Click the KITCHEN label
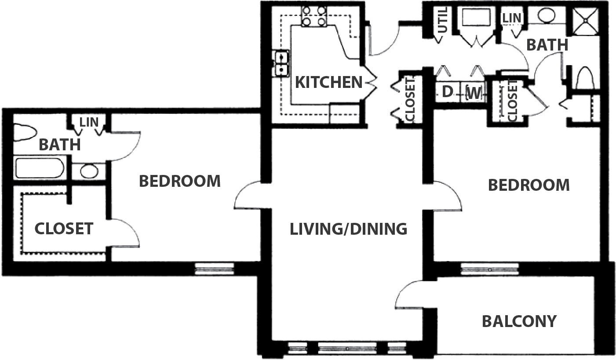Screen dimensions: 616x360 [328, 82]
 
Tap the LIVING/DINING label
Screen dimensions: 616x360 [348, 229]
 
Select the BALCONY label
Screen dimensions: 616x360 [519, 321]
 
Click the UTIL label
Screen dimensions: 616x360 [442, 20]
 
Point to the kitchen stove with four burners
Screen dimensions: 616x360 [314, 16]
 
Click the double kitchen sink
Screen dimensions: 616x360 [281, 63]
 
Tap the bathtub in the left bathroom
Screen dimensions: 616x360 [40, 168]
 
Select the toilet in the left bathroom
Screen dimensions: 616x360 [25, 133]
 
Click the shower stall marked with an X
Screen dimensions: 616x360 [586, 21]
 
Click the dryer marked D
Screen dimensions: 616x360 [448, 92]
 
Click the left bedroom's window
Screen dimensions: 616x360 [215, 269]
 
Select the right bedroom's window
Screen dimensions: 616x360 [490, 269]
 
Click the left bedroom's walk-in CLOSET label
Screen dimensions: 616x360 [64, 229]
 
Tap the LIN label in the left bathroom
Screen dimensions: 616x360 [89, 122]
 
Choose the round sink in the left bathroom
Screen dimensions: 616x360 [89, 171]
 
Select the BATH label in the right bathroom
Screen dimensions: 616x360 [547, 45]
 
